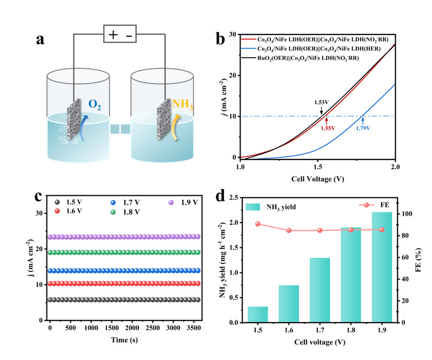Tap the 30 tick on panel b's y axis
coord(233,34)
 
